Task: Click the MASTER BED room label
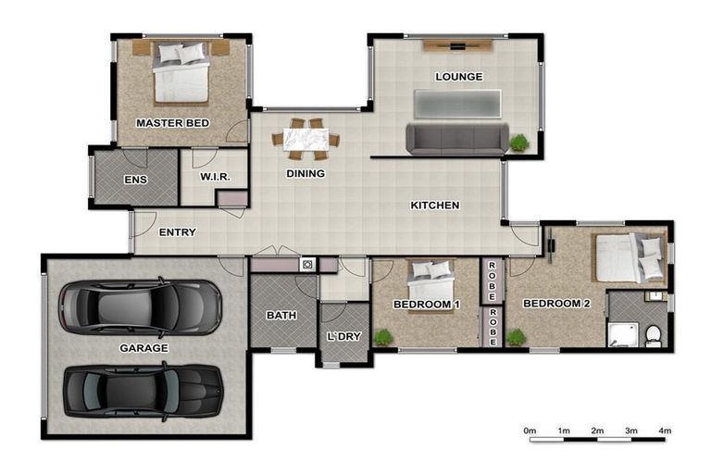point(172,123)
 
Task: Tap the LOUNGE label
point(458,77)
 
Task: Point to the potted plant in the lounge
point(519,143)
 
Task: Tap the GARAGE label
point(143,348)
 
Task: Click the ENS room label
point(134,179)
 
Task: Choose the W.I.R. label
point(215,178)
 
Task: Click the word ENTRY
point(177,232)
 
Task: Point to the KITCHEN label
point(435,206)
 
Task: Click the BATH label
point(281,316)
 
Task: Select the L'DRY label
point(343,336)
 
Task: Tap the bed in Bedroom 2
point(630,257)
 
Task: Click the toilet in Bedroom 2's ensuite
point(654,334)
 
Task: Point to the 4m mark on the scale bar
point(665,430)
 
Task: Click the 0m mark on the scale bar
point(530,430)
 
